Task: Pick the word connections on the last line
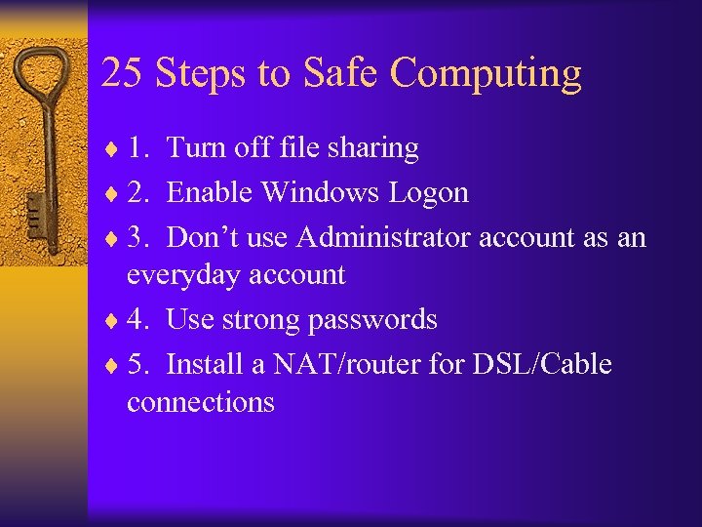tap(200, 402)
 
